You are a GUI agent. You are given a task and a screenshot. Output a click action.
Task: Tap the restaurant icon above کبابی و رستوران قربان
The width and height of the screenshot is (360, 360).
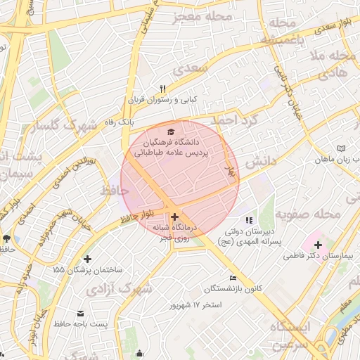(x=163, y=89)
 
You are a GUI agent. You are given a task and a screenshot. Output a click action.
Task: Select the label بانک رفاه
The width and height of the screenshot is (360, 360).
(x=119, y=122)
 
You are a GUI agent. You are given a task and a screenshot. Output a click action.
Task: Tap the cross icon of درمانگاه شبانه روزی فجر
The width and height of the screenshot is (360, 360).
(x=174, y=217)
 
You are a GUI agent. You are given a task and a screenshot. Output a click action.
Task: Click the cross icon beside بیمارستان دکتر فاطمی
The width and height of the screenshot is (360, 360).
(x=318, y=245)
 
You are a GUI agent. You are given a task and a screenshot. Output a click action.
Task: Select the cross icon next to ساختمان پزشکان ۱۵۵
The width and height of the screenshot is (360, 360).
(x=87, y=259)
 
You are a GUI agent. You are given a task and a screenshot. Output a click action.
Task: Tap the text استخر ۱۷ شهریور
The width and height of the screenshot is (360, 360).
(x=195, y=306)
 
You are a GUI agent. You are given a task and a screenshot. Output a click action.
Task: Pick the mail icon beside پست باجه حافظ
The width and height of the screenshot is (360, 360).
(x=80, y=313)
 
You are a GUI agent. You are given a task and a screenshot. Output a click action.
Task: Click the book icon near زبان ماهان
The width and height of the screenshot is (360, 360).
(x=341, y=149)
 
